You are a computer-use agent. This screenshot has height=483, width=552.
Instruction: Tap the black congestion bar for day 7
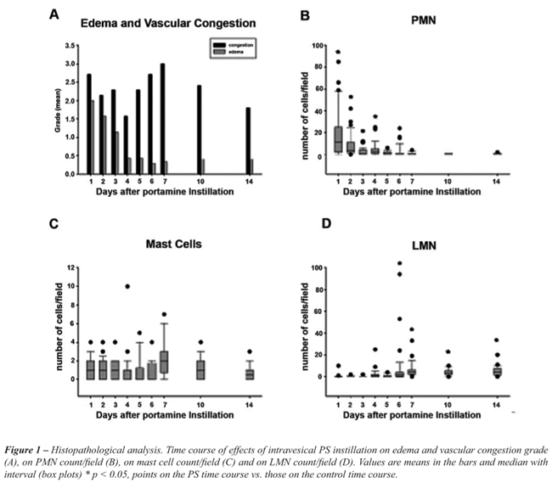(161, 119)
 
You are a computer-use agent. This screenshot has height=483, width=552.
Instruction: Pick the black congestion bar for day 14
(248, 140)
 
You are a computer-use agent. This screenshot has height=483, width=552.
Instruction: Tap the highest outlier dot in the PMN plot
(339, 52)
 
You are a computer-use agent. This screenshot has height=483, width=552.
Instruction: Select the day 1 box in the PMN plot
(339, 139)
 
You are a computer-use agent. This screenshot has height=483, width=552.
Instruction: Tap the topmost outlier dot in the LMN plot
(398, 263)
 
